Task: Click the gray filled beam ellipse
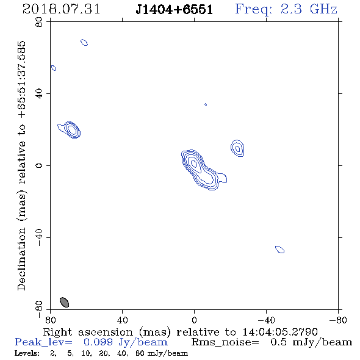click(x=64, y=302)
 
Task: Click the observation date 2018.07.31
click(x=61, y=9)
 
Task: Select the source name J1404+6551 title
click(x=174, y=10)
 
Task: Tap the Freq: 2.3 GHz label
click(x=286, y=10)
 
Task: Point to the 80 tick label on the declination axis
click(x=39, y=22)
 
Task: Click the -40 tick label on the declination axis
click(x=39, y=237)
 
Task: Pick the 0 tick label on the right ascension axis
click(x=194, y=320)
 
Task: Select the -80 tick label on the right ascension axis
click(x=338, y=320)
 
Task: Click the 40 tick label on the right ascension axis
click(x=122, y=320)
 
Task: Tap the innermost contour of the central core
click(x=194, y=164)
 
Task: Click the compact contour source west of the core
click(x=237, y=148)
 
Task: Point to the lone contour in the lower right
click(x=279, y=249)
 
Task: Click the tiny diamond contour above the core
click(x=206, y=105)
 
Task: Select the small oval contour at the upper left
click(x=84, y=42)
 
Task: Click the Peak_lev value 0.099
click(x=98, y=342)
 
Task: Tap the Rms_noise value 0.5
click(x=278, y=342)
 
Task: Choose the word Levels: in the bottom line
click(x=27, y=353)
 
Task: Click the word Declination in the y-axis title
click(x=21, y=259)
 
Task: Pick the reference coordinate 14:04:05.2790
click(x=280, y=332)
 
